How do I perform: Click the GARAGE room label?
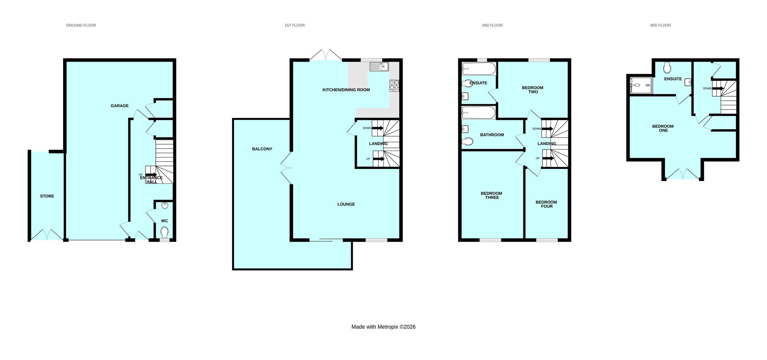pos(119,106)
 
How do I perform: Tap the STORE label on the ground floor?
pos(47,196)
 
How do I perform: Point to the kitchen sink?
pos(379,67)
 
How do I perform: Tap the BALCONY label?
pos(262,149)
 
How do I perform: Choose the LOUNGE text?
pos(346,204)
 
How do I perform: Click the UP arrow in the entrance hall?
pos(151,175)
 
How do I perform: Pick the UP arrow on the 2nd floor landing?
pos(548,159)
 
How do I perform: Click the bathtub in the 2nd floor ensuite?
pos(479,69)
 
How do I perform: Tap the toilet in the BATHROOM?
pos(467,141)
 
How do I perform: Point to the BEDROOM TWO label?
pos(533,90)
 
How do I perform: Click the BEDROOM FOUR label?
pos(546,204)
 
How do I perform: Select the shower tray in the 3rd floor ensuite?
pos(641,86)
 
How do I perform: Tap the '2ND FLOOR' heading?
pos(492,25)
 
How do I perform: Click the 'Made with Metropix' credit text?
pos(383,327)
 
